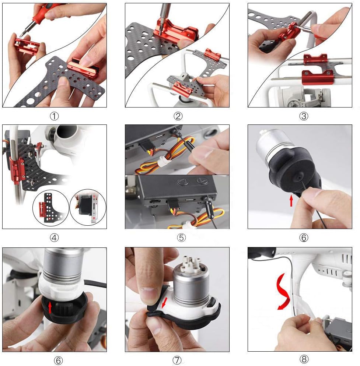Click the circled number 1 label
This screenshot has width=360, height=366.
[54, 116]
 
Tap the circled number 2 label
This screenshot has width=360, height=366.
[178, 116]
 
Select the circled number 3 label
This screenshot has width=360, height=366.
[304, 116]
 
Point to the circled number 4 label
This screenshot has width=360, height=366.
[54, 237]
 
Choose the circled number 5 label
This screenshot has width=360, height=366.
[181, 237]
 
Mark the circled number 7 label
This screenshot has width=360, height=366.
[177, 360]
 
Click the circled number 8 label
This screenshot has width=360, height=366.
[304, 359]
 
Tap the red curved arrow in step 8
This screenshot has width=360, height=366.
[283, 292]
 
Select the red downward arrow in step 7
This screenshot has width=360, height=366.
[164, 303]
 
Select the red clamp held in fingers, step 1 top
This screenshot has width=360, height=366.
[26, 46]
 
